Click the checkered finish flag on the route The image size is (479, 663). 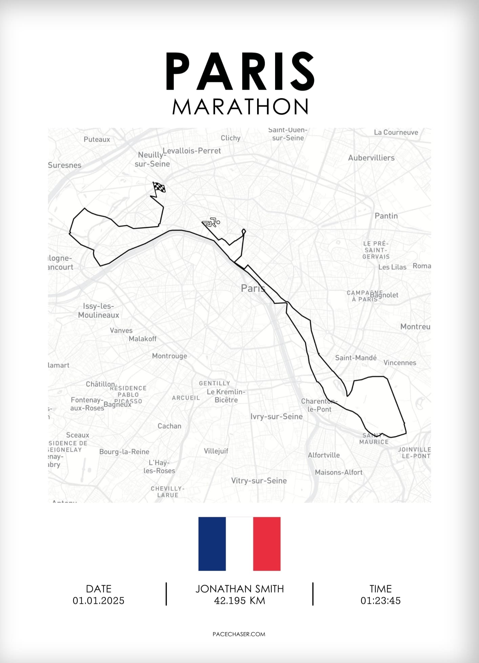pos(159,187)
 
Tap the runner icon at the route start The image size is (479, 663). pos(212,222)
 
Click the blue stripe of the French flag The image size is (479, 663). pos(212,544)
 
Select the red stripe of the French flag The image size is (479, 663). pos(267,544)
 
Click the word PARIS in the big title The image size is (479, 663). pos(240,72)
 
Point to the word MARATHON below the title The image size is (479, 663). pos(240,107)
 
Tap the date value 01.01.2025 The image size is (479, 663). pos(99,601)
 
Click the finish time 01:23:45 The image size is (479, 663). pos(380,601)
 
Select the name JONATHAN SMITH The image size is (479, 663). pos(239,589)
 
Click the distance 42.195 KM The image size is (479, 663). pos(239,601)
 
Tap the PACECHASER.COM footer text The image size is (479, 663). pos(239,634)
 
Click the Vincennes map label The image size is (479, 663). pos(400,363)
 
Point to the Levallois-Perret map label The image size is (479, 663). pos(192,151)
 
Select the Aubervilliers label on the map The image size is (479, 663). pos(371,158)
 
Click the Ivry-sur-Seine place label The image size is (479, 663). pos(276,416)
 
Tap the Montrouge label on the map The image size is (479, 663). pos(169,356)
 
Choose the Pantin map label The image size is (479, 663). pos(386,216)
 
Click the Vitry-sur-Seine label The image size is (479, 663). pos(259,481)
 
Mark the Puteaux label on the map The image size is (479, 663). pos(97,139)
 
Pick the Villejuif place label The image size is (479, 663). pos(216,451)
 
